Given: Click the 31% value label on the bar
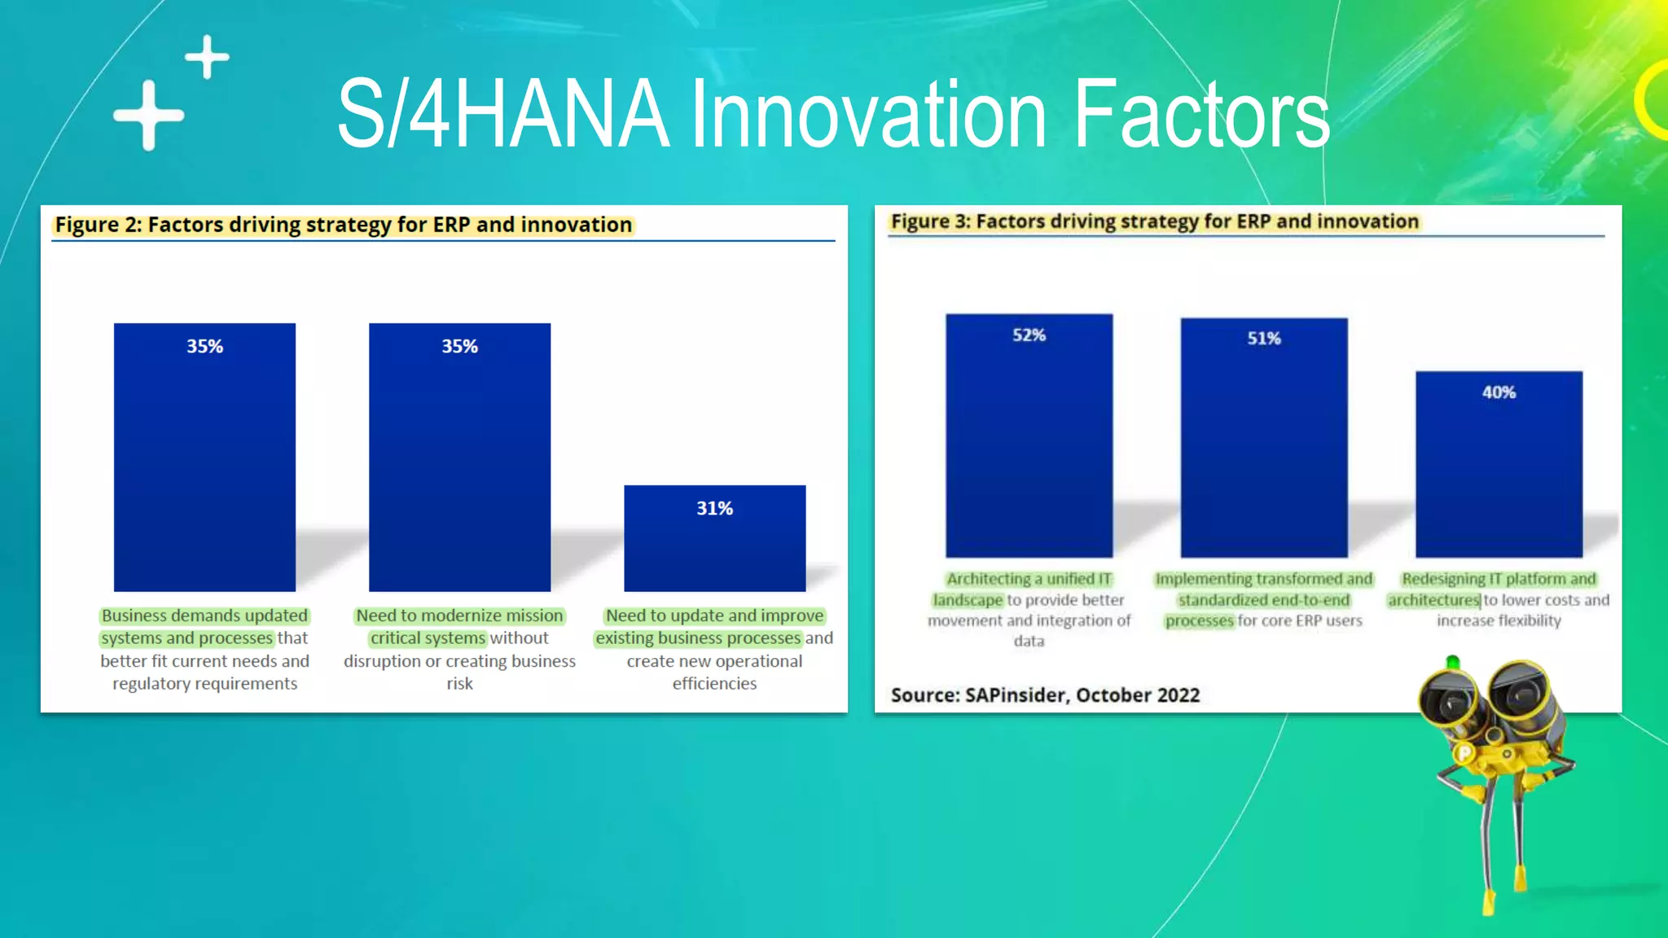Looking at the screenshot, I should click(714, 508).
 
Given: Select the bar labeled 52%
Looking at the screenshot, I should click(1029, 440).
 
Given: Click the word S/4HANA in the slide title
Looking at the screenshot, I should click(503, 114).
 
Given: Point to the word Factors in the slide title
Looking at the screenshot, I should click(1201, 114).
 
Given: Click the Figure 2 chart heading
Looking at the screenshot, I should click(343, 225).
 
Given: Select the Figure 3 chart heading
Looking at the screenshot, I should click(1154, 221).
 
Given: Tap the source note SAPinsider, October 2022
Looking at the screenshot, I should click(1045, 695).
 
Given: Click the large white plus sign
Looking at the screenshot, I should click(148, 116).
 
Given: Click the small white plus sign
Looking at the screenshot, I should click(207, 57).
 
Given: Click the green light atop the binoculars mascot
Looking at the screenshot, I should click(1452, 662).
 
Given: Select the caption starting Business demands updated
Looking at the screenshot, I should click(204, 649).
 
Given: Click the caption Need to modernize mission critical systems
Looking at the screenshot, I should click(459, 649).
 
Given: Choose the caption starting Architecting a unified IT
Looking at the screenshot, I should click(1029, 609).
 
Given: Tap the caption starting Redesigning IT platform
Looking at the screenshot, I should click(1499, 599).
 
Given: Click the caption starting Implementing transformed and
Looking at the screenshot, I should click(1263, 599).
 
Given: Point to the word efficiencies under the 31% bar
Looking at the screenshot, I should click(714, 684).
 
